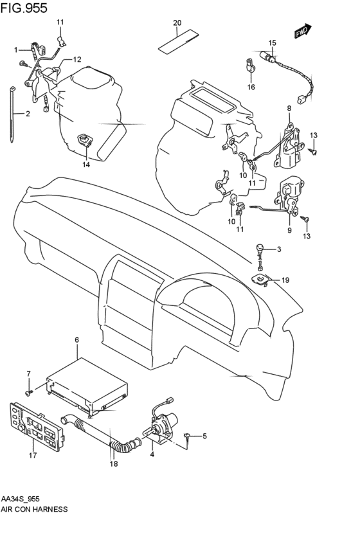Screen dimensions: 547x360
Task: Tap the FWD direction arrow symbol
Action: [302, 31]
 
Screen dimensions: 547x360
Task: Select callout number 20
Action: [177, 23]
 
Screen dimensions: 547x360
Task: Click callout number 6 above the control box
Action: [76, 339]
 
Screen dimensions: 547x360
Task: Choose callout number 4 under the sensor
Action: [152, 456]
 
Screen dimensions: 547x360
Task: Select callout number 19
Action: [285, 280]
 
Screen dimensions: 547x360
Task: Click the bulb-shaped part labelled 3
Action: [259, 248]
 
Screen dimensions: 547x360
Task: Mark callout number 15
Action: [272, 43]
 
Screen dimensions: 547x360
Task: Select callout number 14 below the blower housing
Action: [85, 165]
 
